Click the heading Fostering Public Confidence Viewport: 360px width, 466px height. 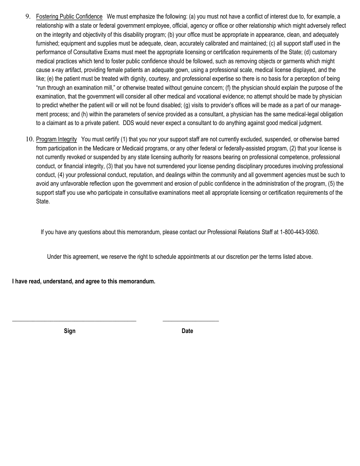69,17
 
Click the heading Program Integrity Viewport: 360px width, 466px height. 56,139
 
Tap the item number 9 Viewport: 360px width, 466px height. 27,17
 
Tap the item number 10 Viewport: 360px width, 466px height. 30,139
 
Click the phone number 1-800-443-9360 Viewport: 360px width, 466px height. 299,232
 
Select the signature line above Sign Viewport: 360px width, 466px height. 74,321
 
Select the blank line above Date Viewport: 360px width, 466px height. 191,321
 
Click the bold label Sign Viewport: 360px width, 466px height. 70,331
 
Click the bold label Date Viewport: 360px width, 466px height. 187,331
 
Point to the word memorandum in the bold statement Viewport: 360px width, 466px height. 137,281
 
